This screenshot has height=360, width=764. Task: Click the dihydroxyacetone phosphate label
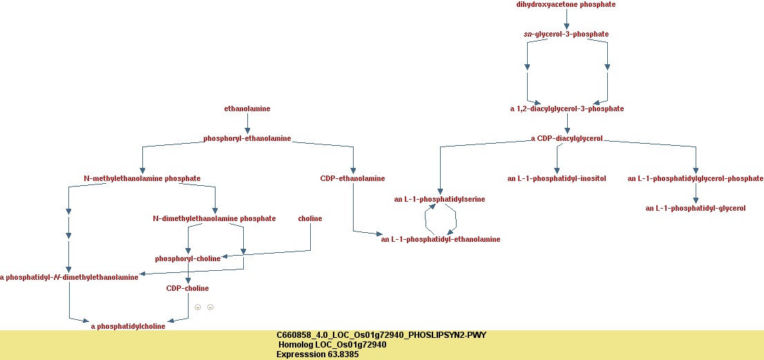(566, 5)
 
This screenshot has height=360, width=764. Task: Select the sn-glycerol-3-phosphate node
(566, 34)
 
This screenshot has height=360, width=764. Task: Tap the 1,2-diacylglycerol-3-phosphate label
(566, 109)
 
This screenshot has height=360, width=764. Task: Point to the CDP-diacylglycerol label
(566, 138)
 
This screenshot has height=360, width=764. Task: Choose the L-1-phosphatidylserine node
(439, 200)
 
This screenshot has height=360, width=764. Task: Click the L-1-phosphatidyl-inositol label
(556, 179)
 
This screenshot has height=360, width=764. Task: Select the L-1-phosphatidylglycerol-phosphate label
(695, 179)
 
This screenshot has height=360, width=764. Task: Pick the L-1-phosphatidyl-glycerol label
(695, 209)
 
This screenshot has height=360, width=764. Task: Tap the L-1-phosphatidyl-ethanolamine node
(440, 240)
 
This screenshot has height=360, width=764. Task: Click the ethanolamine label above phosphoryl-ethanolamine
(247, 109)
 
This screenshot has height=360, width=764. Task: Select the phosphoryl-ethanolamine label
(247, 139)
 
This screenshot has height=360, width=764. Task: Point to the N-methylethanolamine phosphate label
(142, 179)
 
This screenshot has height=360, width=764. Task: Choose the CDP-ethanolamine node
(352, 179)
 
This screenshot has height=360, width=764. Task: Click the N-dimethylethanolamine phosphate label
(214, 219)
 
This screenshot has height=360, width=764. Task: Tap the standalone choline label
(309, 219)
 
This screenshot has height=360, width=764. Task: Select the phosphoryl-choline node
(187, 259)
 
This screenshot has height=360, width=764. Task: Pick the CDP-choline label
(187, 289)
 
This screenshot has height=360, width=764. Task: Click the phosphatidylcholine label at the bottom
(128, 327)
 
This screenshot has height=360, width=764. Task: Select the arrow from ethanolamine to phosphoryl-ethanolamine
(247, 124)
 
